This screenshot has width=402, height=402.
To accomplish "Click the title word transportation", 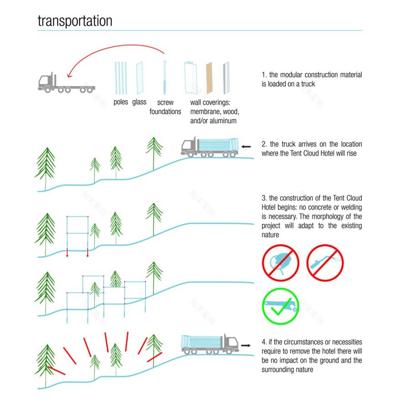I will coord(75,21).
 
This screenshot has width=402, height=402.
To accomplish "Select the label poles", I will coord(121,102).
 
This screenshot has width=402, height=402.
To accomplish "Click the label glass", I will coord(139,102).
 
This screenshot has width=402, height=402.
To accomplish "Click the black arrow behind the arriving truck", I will coord(246,147).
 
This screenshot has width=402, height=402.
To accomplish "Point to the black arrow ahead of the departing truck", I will coord(246,345).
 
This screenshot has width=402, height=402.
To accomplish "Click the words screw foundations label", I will coord(165,107).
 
